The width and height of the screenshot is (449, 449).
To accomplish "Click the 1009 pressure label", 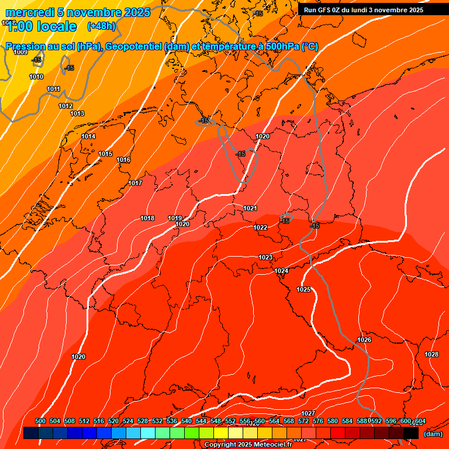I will click(x=20, y=52).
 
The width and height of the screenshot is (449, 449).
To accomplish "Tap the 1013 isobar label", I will click(x=77, y=113).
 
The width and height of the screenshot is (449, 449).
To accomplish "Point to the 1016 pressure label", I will click(x=123, y=160).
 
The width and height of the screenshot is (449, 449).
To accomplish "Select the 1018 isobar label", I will click(x=147, y=218).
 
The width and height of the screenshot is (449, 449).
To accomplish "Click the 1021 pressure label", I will click(x=250, y=208).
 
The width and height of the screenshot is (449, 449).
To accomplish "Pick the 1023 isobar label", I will click(x=265, y=257).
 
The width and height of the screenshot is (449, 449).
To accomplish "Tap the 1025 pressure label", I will click(x=303, y=289).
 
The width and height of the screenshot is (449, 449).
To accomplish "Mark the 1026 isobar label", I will click(x=364, y=340).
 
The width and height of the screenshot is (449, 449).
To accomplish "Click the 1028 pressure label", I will click(x=431, y=354).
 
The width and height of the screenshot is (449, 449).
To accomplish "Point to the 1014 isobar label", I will click(x=88, y=136).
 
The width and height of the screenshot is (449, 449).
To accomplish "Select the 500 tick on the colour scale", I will click(x=40, y=421).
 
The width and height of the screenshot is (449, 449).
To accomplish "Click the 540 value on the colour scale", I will click(x=186, y=421).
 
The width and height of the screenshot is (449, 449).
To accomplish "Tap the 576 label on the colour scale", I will click(x=318, y=421).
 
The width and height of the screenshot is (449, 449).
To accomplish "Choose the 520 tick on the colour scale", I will click(x=113, y=421).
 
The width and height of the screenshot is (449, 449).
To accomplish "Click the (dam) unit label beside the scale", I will click(x=433, y=433).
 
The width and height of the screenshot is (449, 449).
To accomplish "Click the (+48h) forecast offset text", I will click(x=101, y=26).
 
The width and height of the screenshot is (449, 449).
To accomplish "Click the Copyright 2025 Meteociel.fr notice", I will click(x=248, y=444).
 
